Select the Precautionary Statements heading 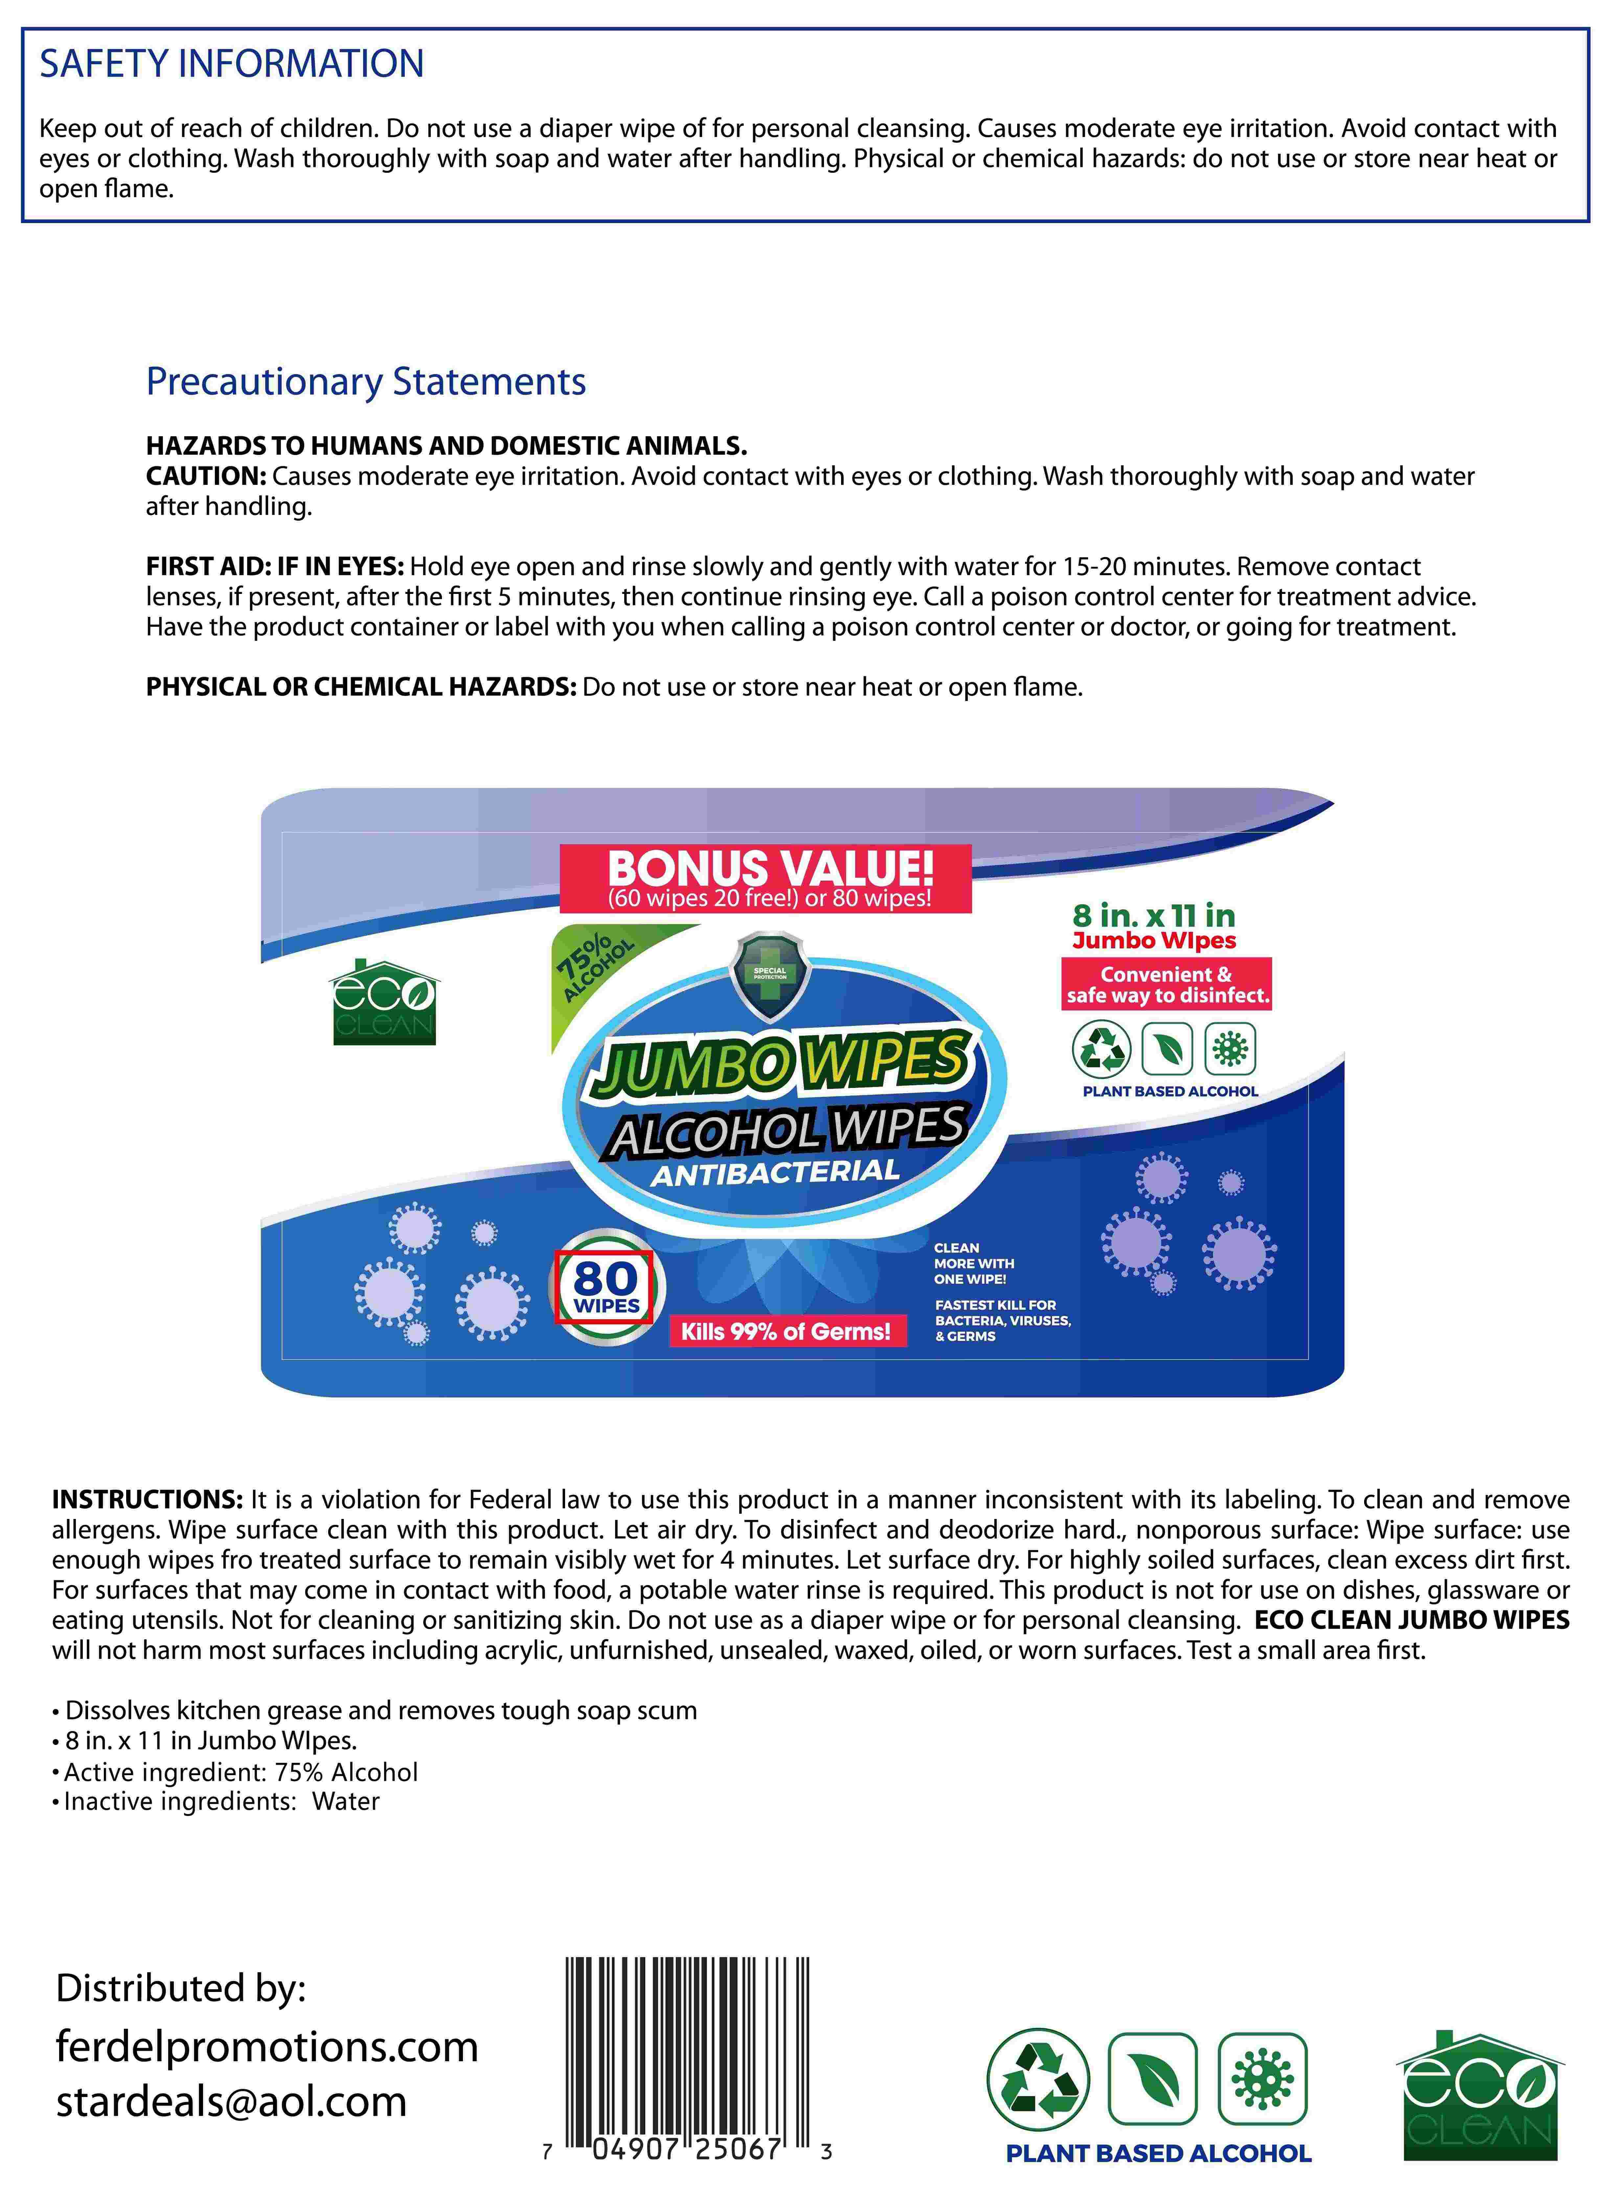[x=365, y=382]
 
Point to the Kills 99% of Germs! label [x=785, y=1331]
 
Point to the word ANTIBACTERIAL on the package [x=775, y=1173]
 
